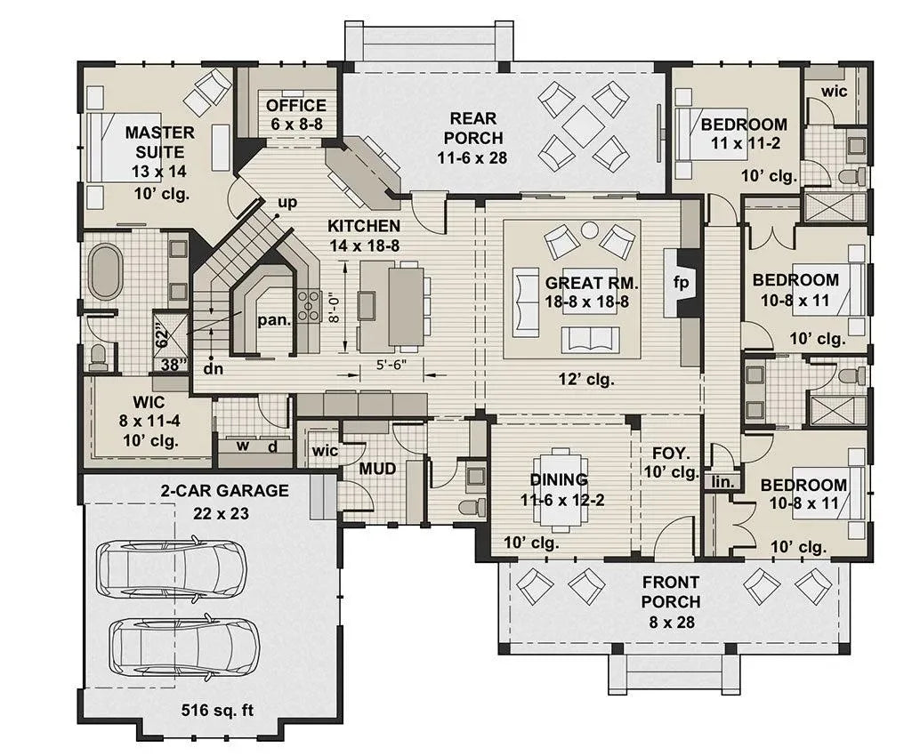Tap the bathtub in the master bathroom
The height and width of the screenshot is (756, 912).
click(x=105, y=270)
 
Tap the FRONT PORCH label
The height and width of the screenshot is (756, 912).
click(x=672, y=601)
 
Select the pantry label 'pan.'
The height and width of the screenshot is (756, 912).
click(x=274, y=321)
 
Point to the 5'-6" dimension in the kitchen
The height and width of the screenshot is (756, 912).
click(x=391, y=365)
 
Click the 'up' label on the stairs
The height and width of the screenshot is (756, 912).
click(x=287, y=203)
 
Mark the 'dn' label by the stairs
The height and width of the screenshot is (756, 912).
click(x=213, y=366)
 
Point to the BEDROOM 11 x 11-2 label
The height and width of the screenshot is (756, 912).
click(x=743, y=133)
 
